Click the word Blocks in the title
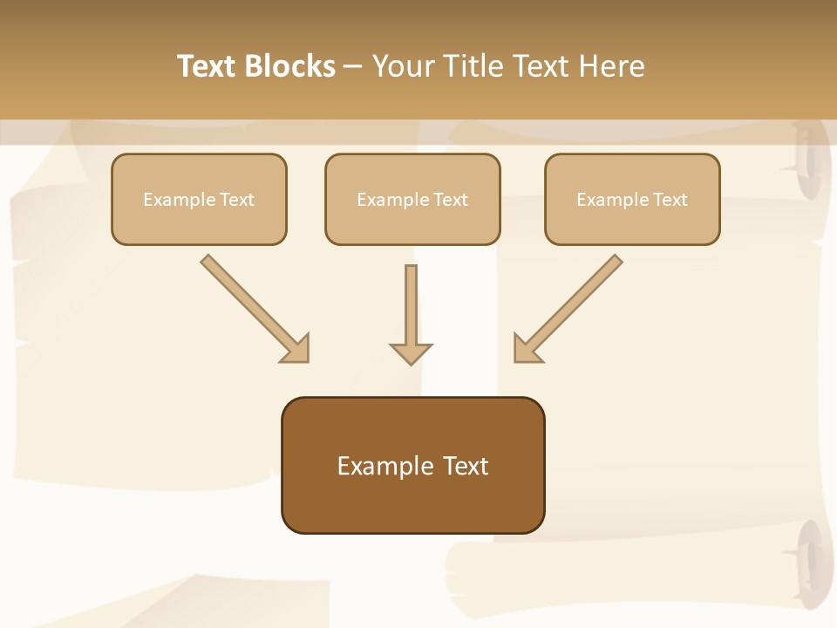tap(290, 66)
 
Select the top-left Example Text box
tap(199, 199)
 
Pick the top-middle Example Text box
tap(412, 199)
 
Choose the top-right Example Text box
tap(632, 199)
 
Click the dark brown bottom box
tap(412, 466)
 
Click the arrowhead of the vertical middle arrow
tap(411, 353)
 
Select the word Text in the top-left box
tap(237, 200)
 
